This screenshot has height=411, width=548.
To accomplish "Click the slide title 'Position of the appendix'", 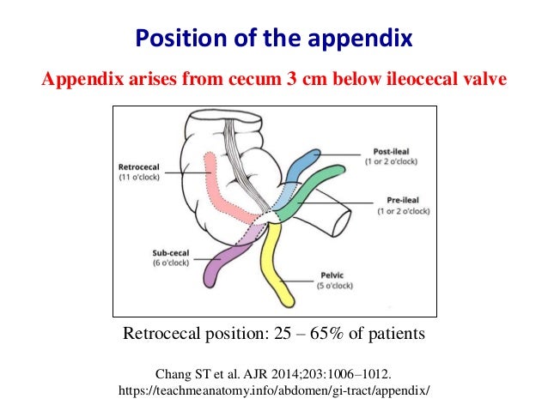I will tap(273, 39).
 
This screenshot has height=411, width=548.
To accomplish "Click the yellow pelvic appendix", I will tap(280, 266).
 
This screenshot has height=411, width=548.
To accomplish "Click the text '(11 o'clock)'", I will tap(140, 178).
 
